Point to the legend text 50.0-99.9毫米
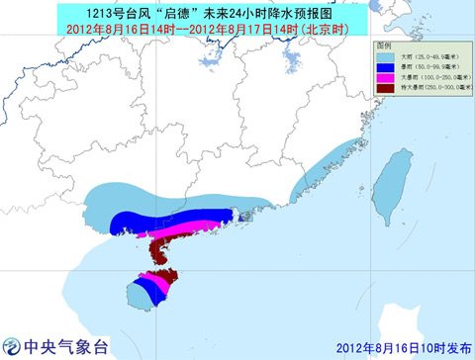coord(439,67)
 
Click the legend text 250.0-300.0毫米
coord(441,88)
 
